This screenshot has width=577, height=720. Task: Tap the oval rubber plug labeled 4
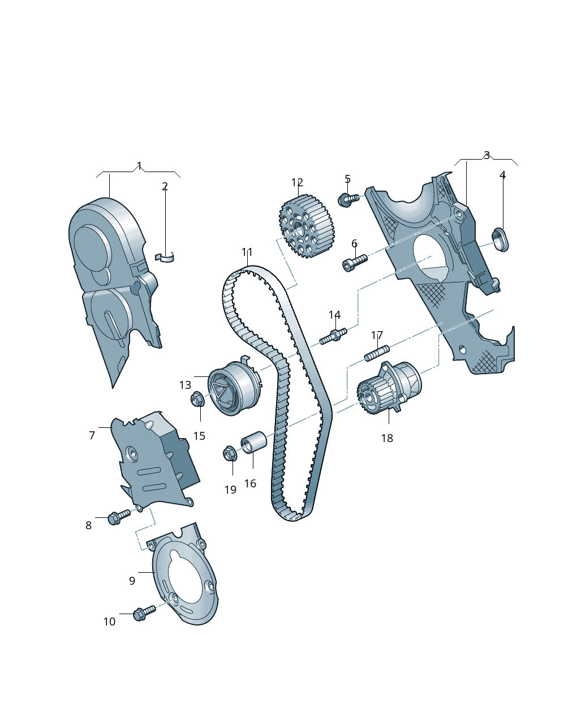(x=500, y=239)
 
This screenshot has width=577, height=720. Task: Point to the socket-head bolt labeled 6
(x=355, y=263)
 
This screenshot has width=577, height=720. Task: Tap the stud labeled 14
(x=333, y=336)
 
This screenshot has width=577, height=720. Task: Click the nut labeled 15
(x=197, y=399)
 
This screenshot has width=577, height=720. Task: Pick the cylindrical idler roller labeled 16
(x=253, y=442)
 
